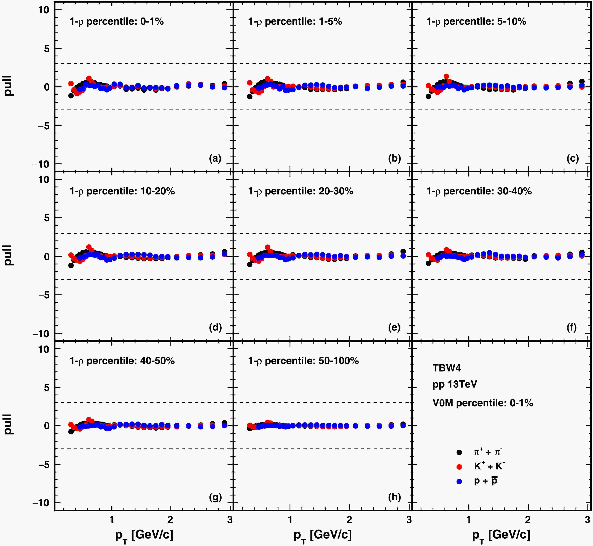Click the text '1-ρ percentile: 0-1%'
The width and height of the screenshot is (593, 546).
(116, 22)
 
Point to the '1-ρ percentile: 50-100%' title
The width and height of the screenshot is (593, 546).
(303, 361)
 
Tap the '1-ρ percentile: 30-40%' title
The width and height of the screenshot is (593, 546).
(479, 191)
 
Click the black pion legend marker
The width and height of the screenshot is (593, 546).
(459, 452)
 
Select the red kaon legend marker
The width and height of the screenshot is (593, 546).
(459, 467)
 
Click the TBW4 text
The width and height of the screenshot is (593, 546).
(446, 368)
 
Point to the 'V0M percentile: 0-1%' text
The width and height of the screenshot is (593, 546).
(482, 403)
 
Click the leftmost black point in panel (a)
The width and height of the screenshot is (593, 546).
(71, 96)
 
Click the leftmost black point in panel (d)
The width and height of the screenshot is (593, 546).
(71, 265)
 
